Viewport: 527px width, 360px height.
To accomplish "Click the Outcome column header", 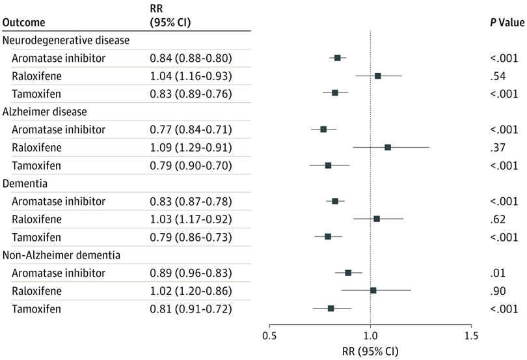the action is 23,23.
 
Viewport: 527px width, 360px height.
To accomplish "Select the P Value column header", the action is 507,23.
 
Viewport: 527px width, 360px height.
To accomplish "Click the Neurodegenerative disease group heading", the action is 66,40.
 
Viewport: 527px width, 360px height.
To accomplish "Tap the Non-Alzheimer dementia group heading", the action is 61,255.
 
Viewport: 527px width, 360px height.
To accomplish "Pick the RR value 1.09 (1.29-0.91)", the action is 191,148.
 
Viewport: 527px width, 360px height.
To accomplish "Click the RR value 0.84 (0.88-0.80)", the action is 191,58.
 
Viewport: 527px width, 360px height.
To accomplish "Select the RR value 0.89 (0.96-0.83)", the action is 191,273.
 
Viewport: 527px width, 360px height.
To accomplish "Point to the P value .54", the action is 498,76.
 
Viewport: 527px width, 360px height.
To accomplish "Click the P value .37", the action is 498,148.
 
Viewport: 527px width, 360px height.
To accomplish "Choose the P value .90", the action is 498,291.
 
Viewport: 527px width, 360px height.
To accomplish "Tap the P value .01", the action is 498,273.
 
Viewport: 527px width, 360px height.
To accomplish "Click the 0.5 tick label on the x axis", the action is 269,336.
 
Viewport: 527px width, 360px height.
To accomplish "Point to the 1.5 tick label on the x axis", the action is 471,336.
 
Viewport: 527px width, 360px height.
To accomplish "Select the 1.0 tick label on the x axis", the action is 370,336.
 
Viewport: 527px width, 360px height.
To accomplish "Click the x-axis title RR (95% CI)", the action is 370,352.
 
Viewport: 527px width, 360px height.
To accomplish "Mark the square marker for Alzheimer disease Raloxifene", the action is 388,147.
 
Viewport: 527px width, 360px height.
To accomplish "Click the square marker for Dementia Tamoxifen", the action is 328,236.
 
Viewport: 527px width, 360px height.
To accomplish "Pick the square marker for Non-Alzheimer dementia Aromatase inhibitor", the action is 348,273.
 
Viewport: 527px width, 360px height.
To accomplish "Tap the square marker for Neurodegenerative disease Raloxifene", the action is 378,76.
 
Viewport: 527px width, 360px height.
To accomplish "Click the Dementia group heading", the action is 25,184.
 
